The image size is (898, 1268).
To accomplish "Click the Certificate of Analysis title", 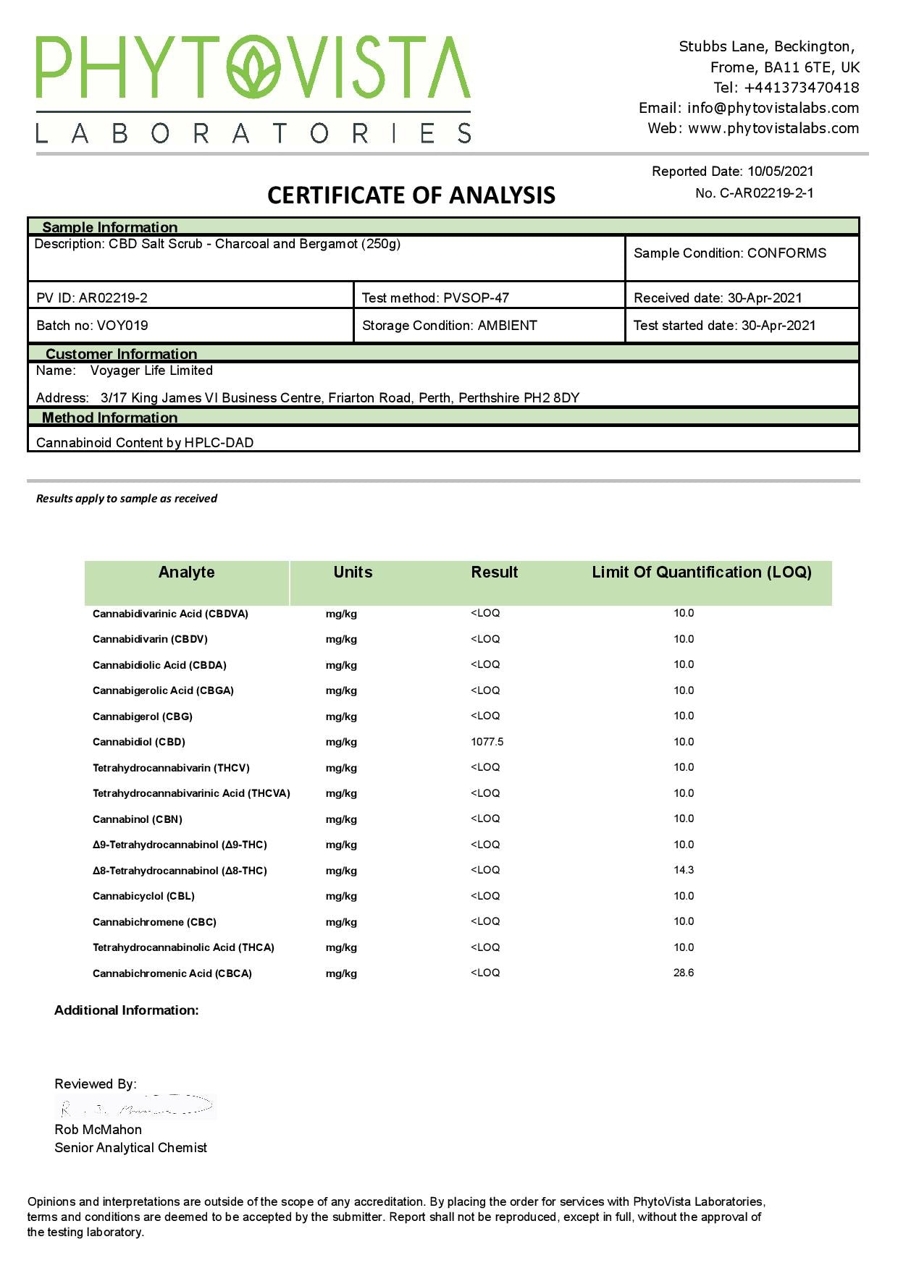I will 411,195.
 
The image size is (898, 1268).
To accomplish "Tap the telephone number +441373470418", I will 802,88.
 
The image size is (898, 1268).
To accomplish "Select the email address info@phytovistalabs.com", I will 773,108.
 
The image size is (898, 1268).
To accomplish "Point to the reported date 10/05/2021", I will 781,172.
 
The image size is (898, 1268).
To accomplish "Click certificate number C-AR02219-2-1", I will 766,193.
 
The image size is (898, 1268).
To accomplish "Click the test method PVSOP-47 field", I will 435,297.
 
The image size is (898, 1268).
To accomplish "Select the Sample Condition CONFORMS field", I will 730,253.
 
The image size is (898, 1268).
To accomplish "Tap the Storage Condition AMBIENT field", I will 449,326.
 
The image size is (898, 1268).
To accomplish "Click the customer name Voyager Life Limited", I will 151,371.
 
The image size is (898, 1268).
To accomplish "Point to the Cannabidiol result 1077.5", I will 487,742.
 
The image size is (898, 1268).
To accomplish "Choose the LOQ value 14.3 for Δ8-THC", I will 684,870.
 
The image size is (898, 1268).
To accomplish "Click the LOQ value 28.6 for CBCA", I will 684,973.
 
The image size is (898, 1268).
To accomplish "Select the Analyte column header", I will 187,572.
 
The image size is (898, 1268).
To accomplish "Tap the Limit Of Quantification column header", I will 701,572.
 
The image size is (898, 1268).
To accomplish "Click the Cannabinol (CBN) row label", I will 138,819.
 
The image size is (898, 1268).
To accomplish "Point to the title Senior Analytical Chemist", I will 130,1148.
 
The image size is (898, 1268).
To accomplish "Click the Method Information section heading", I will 109,418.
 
